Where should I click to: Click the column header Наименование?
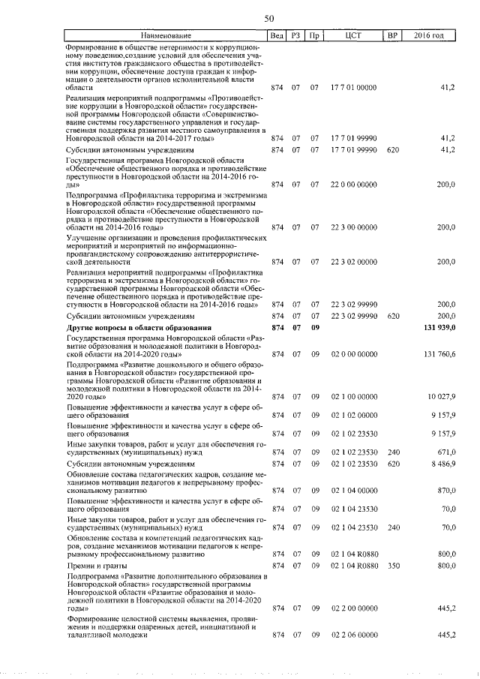tap(166, 35)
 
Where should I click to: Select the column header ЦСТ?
tap(353, 35)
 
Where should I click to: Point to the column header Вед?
tap(277, 35)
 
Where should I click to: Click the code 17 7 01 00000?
tap(353, 88)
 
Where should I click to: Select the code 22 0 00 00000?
tap(353, 184)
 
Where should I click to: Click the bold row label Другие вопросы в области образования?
tap(139, 328)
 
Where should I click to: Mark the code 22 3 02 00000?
tap(353, 262)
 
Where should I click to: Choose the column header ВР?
tap(391, 35)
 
